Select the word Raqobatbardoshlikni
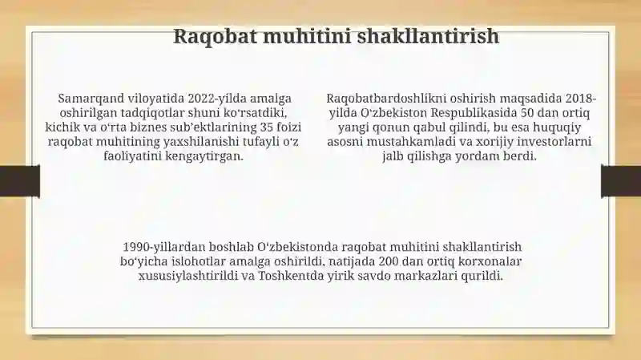[x=386, y=99]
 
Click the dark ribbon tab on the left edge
[x=20, y=181]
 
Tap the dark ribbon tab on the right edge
[x=621, y=181]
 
